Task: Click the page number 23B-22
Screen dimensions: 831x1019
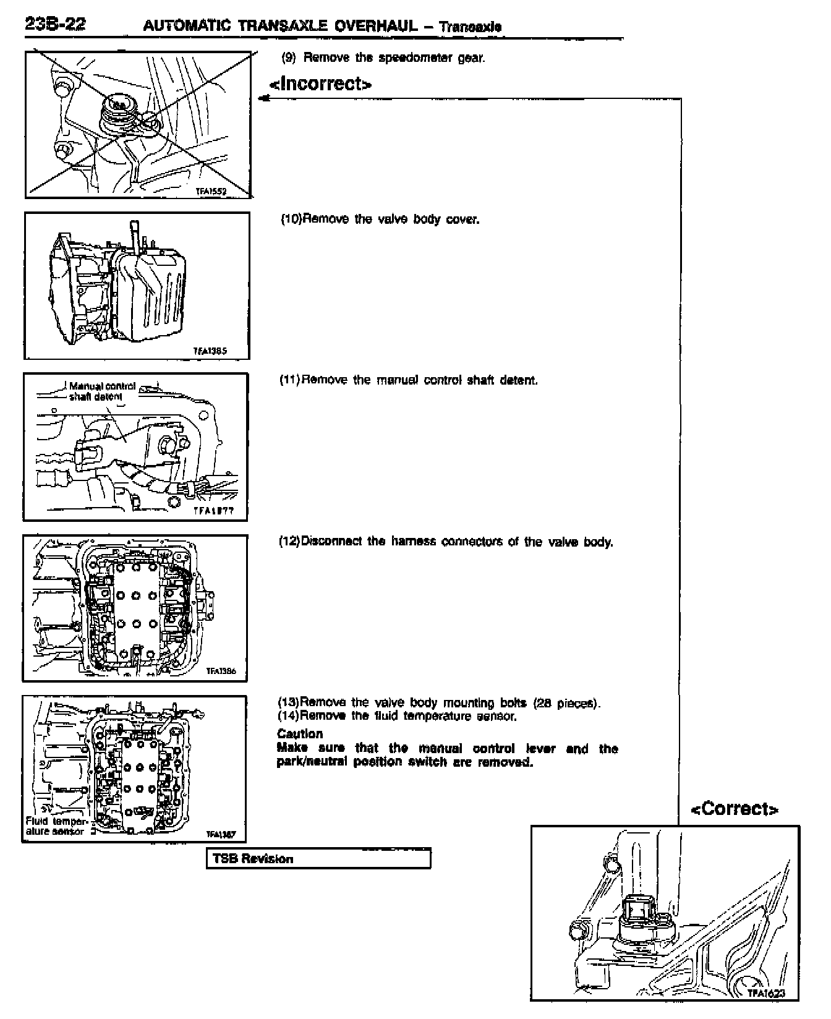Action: tap(55, 25)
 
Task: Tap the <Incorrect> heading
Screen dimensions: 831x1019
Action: tap(320, 83)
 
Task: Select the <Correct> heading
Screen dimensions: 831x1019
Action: tap(734, 809)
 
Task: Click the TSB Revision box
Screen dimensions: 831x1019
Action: tap(318, 859)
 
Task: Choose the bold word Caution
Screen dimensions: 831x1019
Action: tap(300, 734)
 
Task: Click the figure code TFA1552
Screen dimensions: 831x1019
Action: tap(211, 192)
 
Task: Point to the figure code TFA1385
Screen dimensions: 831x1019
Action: tap(211, 351)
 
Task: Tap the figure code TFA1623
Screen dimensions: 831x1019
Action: tap(766, 993)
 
